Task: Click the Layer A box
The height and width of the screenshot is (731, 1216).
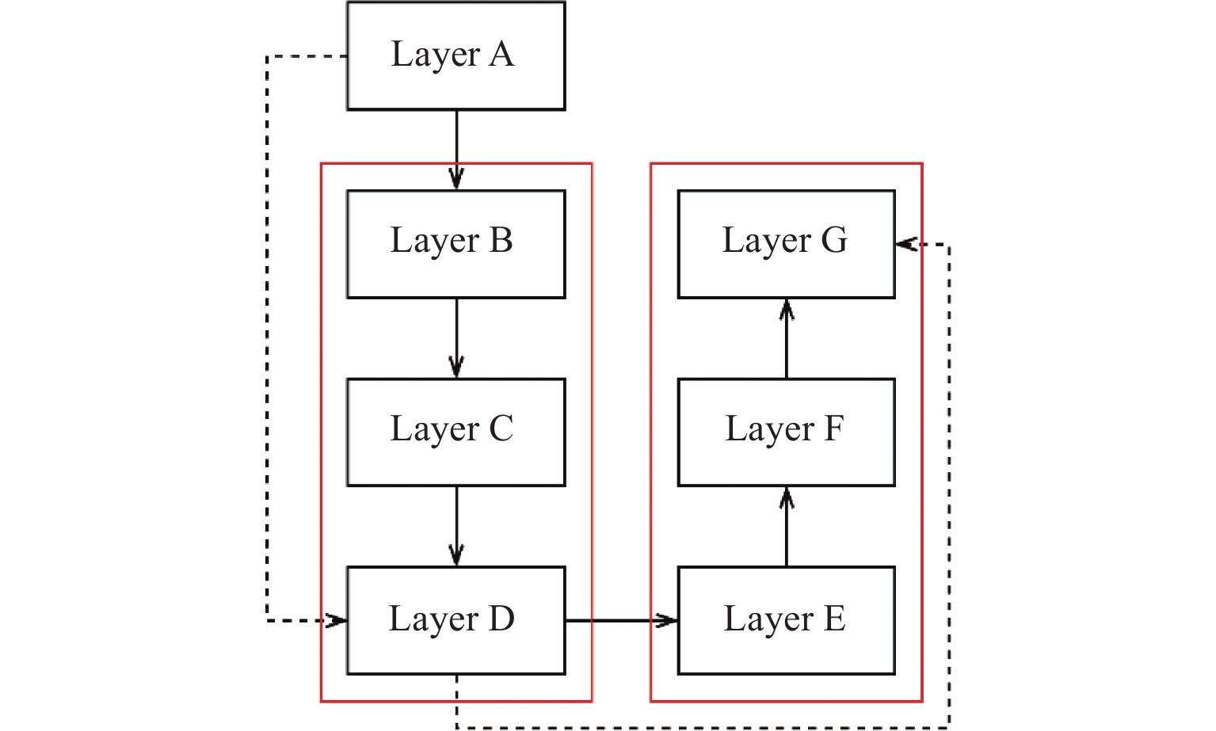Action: coord(456,55)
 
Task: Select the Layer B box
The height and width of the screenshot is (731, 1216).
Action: coord(456,244)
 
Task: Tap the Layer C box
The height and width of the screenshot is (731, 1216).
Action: coord(456,432)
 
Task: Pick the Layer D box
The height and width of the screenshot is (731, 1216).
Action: coord(456,621)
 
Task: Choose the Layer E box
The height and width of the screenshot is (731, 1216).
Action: coord(786,621)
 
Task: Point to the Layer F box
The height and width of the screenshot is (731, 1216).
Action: coord(786,432)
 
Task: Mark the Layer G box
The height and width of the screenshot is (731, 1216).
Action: coord(786,244)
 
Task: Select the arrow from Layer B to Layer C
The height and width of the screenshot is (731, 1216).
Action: coord(456,338)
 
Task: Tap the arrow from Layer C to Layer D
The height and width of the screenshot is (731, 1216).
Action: coord(456,527)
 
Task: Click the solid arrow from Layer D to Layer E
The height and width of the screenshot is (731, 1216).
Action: coord(621,621)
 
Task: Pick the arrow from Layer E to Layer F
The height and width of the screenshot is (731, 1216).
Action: coord(786,527)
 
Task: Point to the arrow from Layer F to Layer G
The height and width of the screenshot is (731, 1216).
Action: coord(786,338)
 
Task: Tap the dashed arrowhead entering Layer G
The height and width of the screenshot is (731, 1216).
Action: coord(906,245)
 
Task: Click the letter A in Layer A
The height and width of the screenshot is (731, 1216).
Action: coord(501,55)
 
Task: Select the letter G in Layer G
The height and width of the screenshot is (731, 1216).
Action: coord(833,240)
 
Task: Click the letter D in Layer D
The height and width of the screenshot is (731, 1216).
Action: coord(501,619)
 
